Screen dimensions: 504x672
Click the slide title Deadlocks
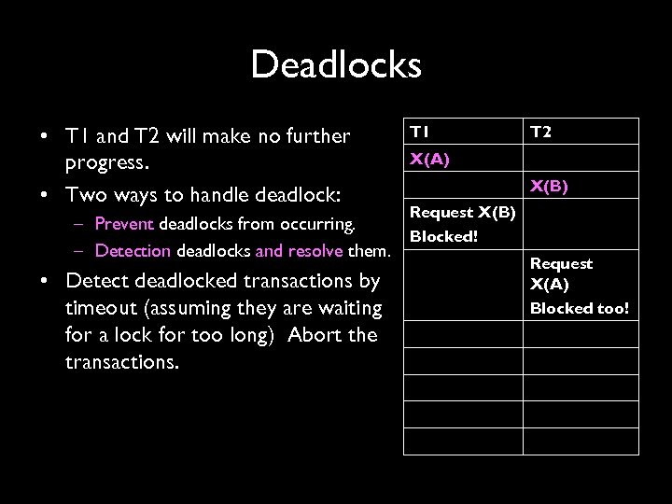336,64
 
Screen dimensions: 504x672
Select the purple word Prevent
125,225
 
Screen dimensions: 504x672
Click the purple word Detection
132,250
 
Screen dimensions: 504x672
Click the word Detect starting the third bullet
102,281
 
